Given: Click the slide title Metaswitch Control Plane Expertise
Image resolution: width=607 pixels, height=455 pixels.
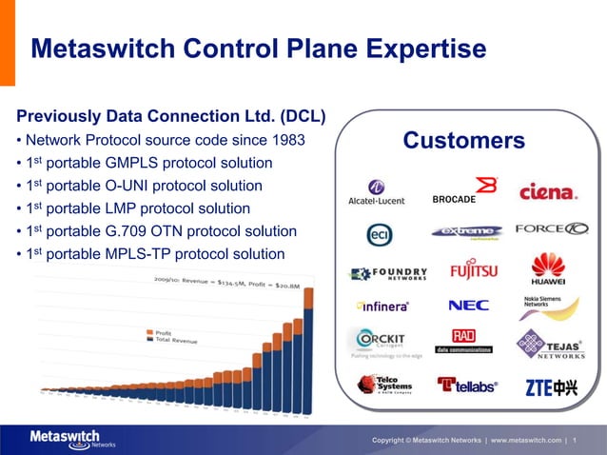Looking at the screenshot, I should (258, 49).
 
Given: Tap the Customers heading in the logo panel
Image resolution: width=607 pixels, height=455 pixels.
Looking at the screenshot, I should (463, 141).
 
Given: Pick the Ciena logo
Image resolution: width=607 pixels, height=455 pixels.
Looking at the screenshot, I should (548, 191).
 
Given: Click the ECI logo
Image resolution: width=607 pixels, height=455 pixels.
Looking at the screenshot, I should (380, 234).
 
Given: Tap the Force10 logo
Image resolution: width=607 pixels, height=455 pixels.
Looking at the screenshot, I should (552, 229).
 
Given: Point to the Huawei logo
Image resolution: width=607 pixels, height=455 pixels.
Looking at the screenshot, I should (548, 268).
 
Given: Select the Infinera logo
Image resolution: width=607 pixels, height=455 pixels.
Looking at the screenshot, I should (382, 307).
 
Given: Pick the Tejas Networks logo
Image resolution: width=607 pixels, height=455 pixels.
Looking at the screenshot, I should (551, 345).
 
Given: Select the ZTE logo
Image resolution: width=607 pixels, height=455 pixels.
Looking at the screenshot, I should (551, 386).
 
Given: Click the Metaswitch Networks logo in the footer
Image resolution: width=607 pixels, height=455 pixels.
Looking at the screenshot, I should (65, 439).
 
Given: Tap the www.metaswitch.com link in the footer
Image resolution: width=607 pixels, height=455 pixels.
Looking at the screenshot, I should (525, 440).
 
